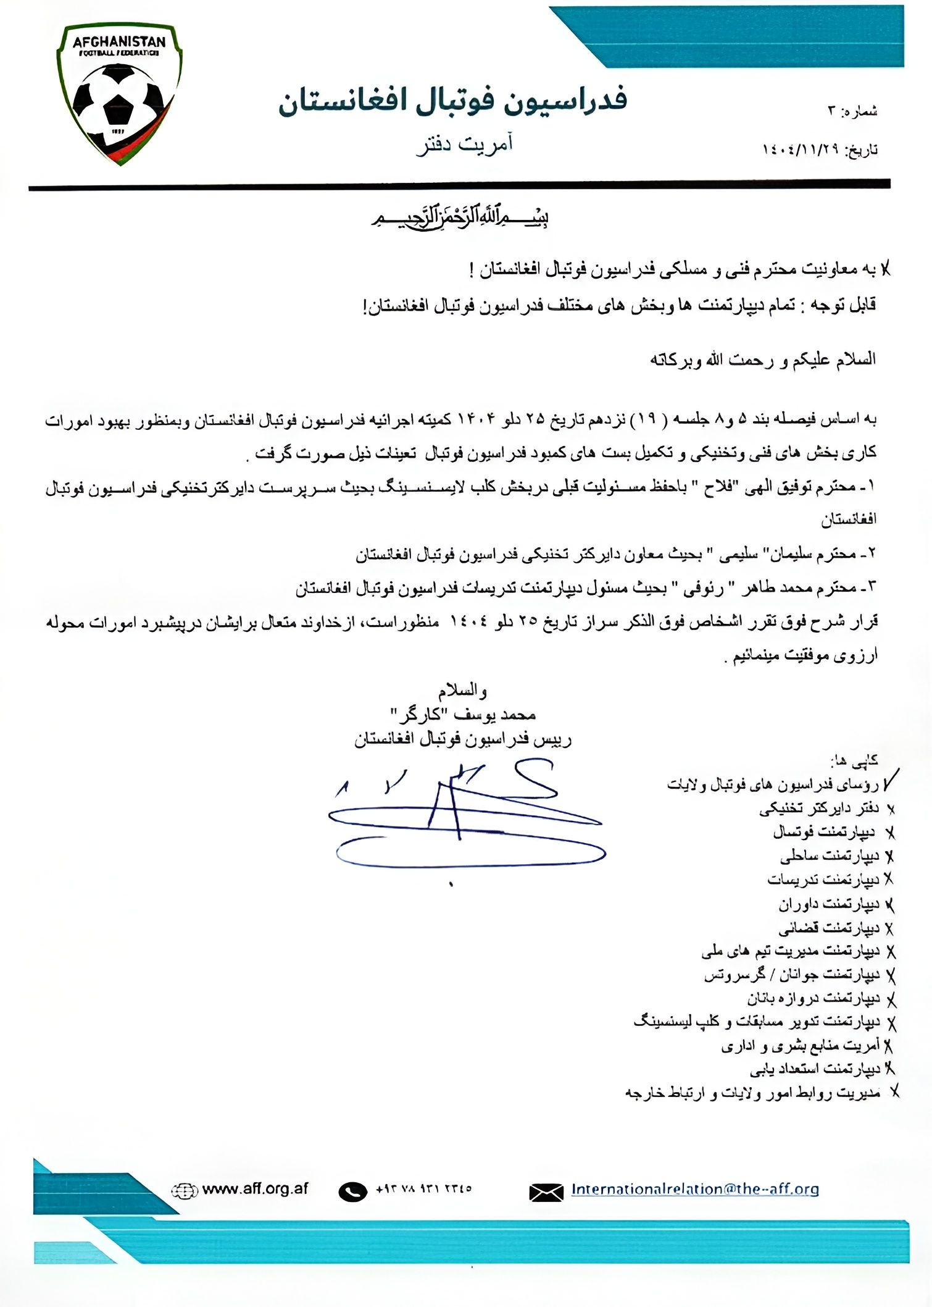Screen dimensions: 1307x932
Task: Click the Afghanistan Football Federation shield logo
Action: coord(119,93)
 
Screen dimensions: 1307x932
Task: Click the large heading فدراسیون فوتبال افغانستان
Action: coord(452,101)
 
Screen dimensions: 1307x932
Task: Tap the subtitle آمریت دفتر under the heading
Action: coord(465,145)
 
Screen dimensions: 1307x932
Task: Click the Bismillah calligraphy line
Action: coord(460,218)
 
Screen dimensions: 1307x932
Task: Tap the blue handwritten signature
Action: coord(466,815)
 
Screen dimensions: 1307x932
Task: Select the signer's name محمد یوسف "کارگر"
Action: coord(463,715)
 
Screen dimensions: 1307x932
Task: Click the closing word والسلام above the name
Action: coord(463,690)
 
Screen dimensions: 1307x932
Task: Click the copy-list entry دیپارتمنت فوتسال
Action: coord(824,833)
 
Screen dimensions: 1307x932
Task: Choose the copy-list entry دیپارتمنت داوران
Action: coord(828,905)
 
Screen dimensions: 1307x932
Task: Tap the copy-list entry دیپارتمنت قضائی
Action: coord(828,928)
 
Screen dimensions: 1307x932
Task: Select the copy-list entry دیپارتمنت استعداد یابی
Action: coord(815,1069)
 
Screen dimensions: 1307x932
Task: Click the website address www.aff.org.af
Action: coord(255,1189)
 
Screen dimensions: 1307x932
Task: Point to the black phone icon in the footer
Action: coord(352,1191)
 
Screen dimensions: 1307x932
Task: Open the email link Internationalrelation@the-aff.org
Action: coord(694,1189)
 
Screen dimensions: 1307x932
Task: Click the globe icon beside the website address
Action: coord(183,1190)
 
